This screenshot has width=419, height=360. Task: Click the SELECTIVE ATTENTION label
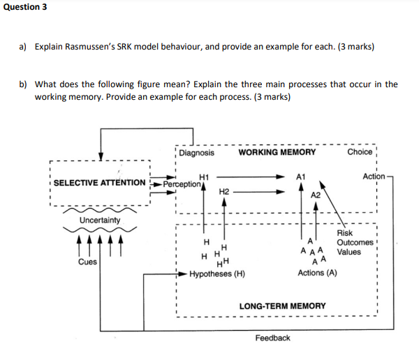click(x=100, y=183)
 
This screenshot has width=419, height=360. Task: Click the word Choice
click(x=359, y=152)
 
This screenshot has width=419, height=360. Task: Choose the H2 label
click(x=224, y=190)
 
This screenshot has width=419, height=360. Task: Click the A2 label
click(x=316, y=195)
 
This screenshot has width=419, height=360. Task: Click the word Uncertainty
click(x=99, y=220)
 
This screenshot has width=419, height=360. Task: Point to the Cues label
click(x=87, y=262)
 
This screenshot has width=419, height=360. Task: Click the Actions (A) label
click(x=317, y=273)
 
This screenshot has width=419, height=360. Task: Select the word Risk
click(x=345, y=233)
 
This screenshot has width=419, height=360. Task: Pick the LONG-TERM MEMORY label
click(x=282, y=306)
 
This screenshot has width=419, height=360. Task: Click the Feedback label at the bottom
click(x=272, y=338)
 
